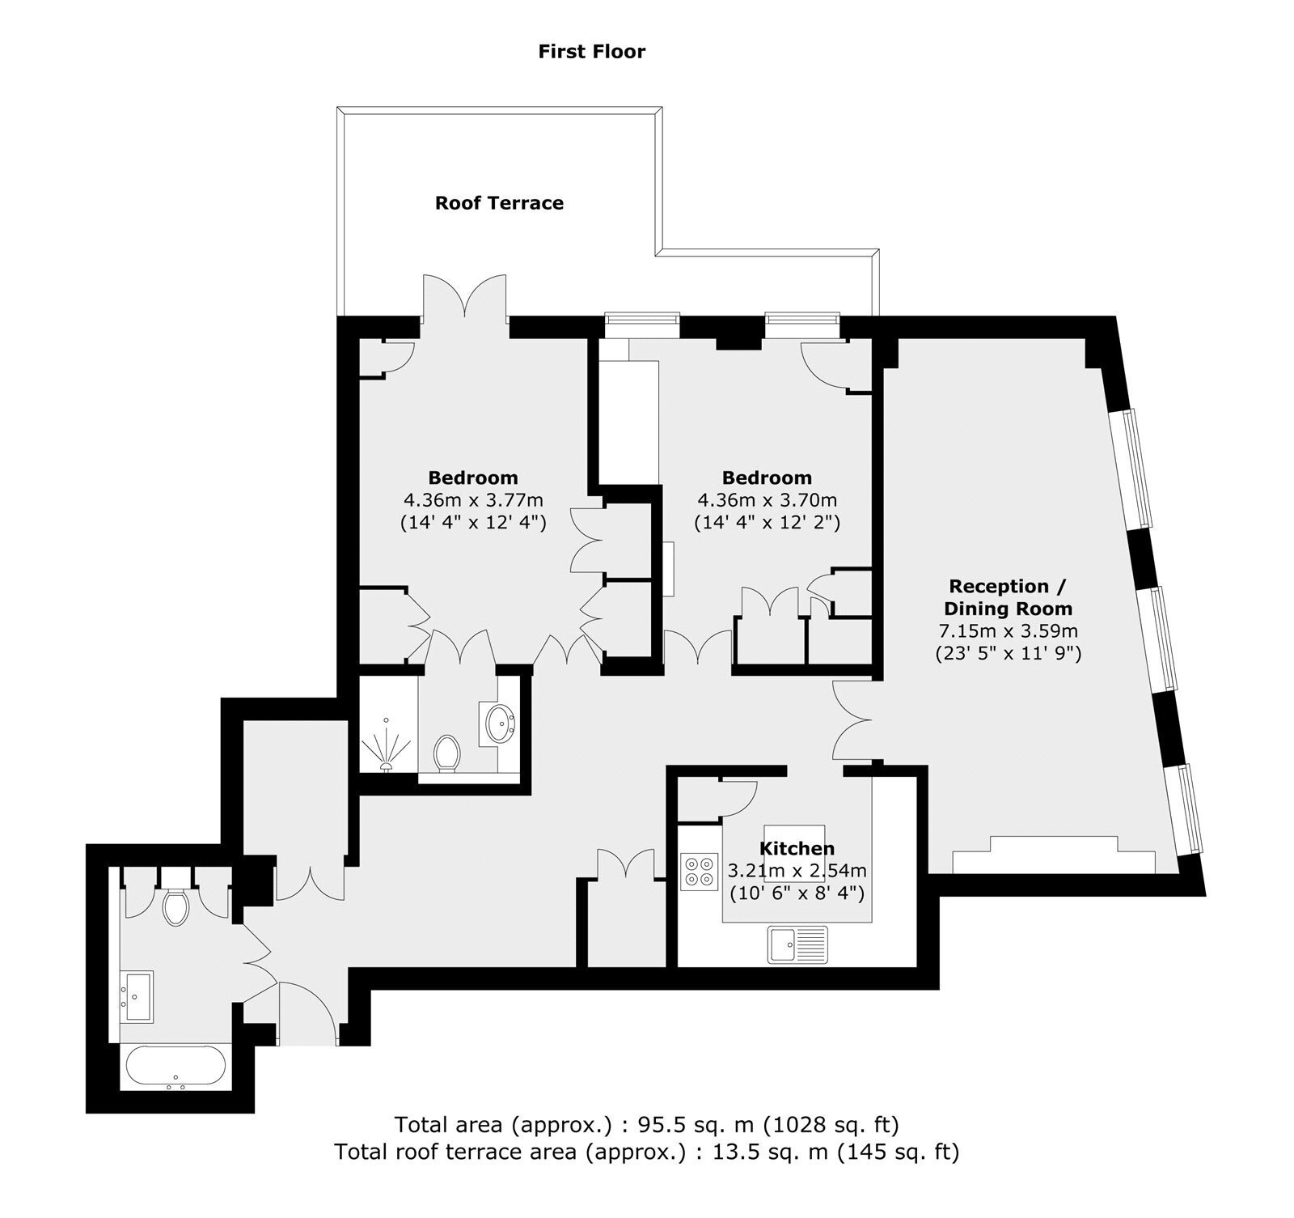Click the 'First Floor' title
(592, 52)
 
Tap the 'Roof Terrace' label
(499, 202)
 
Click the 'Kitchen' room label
(797, 848)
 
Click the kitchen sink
(798, 944)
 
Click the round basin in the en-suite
(501, 720)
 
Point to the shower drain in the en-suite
(387, 764)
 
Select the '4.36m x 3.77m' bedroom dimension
(473, 500)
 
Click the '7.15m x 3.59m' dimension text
(1008, 630)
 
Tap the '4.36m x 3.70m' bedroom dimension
(767, 500)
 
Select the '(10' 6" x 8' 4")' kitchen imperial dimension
(797, 894)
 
